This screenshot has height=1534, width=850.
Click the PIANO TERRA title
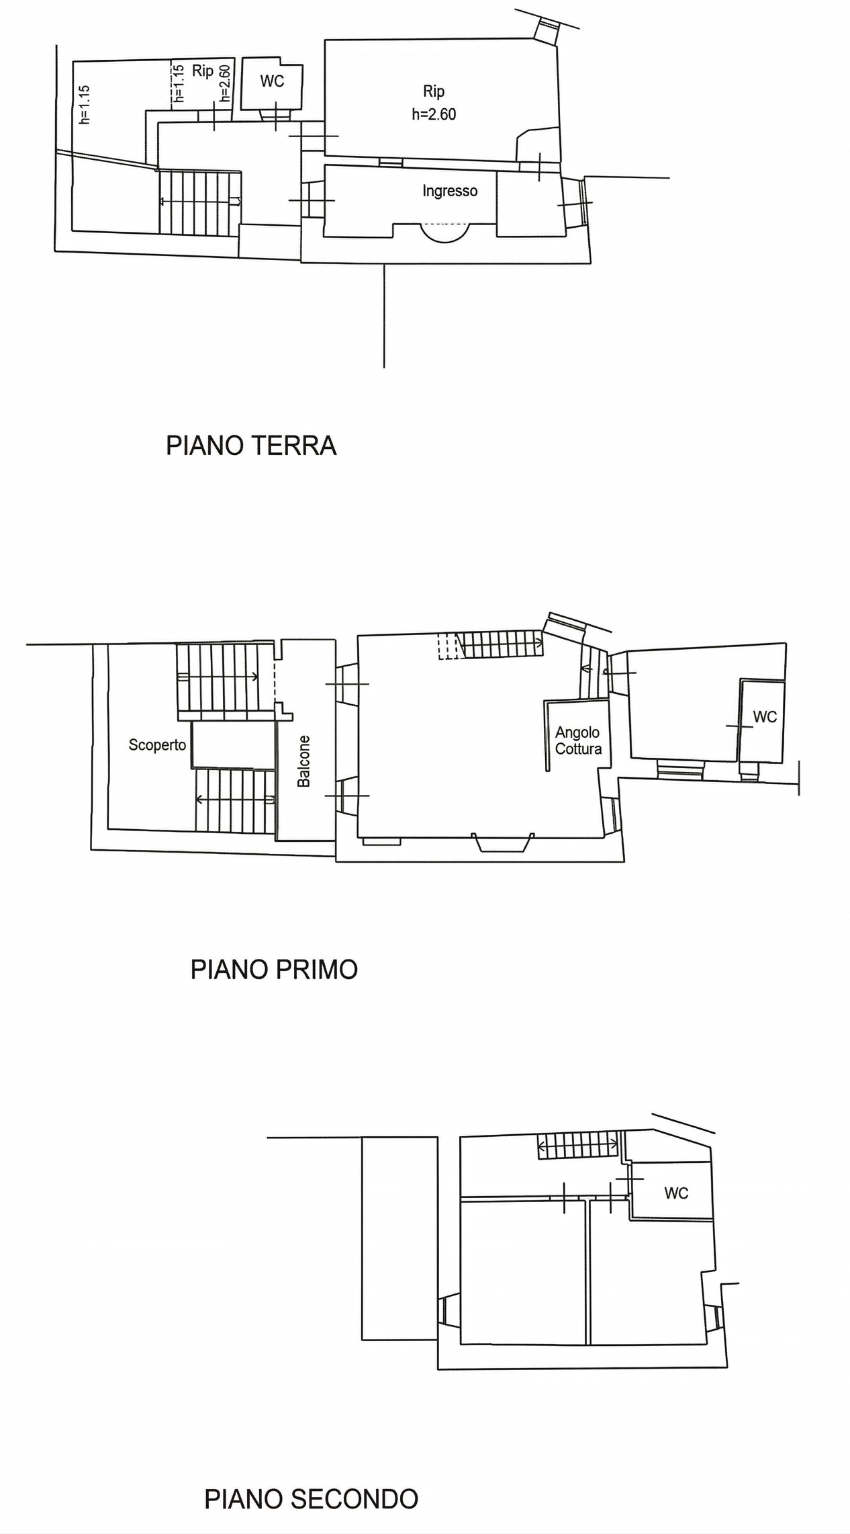point(251,446)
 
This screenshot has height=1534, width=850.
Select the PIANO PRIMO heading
point(274,970)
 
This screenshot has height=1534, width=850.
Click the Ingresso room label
point(450,191)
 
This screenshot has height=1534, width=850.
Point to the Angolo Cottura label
point(578,740)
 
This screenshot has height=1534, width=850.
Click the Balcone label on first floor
point(304,761)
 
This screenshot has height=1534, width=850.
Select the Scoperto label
point(157,745)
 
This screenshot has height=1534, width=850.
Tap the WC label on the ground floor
point(272,81)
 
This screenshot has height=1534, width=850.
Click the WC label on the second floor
point(676,1193)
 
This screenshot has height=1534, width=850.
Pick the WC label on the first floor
point(765,717)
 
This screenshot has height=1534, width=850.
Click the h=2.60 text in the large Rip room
point(434,114)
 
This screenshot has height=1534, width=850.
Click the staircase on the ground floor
point(200,202)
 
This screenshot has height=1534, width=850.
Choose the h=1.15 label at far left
point(85,105)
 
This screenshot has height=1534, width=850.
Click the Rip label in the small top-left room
point(203,71)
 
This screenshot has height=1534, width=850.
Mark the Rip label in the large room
point(434,91)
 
